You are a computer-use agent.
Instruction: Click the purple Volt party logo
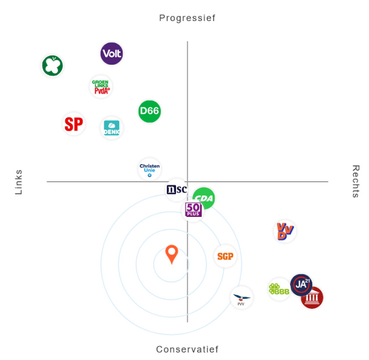click(x=112, y=54)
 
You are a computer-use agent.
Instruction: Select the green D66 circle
click(x=150, y=111)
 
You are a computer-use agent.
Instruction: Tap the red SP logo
click(x=74, y=124)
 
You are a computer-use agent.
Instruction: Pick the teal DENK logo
click(x=111, y=128)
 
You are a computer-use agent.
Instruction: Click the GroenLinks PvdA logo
click(x=101, y=87)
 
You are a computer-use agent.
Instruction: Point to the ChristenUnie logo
click(x=149, y=169)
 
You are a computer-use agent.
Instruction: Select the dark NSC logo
click(x=177, y=190)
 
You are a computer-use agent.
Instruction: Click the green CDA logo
click(x=204, y=198)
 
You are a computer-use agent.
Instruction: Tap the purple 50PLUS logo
click(x=194, y=210)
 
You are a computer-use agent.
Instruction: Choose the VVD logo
click(x=284, y=231)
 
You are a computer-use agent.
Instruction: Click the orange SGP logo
click(x=225, y=256)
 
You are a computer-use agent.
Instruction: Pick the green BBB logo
click(x=279, y=290)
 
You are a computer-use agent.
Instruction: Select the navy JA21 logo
click(x=301, y=284)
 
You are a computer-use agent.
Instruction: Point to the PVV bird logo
click(x=241, y=298)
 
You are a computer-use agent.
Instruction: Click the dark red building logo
click(x=312, y=298)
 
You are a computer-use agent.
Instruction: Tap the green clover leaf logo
click(x=52, y=65)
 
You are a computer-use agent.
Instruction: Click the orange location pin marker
click(x=171, y=254)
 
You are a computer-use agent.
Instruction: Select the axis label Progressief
click(x=187, y=18)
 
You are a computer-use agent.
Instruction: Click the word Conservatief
click(x=187, y=349)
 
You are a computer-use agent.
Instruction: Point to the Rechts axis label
click(x=356, y=182)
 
